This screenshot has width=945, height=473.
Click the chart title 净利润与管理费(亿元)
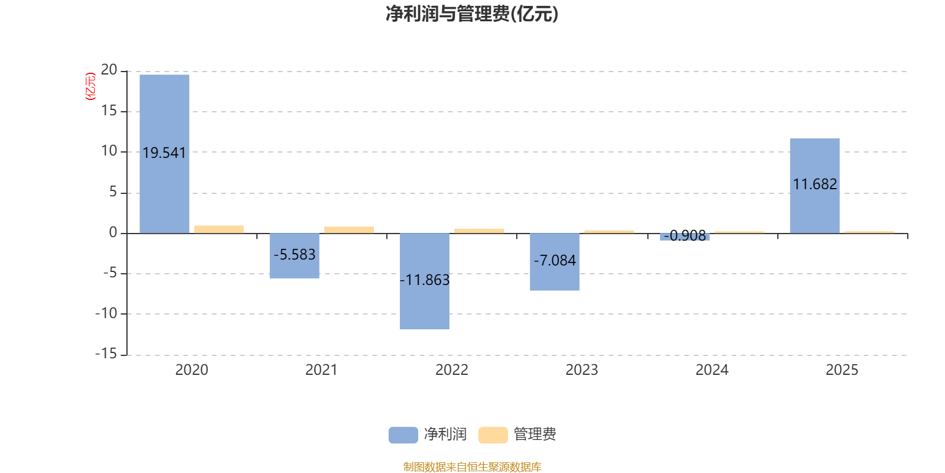(472, 14)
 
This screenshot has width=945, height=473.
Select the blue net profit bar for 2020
(165, 154)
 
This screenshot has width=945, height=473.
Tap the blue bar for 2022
(425, 281)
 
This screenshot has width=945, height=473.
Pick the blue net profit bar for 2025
(814, 186)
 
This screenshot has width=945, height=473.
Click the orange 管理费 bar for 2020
(219, 229)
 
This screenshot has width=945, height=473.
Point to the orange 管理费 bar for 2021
(349, 230)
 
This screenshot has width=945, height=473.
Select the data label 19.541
(164, 153)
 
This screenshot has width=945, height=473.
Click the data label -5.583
(295, 255)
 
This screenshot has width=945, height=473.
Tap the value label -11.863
(425, 280)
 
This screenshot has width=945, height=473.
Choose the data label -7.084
(555, 261)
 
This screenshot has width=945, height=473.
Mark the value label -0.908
(685, 236)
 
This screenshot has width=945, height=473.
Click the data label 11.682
(814, 184)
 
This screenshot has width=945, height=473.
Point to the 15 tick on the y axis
(109, 111)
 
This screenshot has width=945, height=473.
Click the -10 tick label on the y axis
(106, 314)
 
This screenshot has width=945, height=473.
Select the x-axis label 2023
(582, 370)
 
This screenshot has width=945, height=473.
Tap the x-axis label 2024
(712, 370)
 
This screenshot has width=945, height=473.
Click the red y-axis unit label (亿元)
(90, 86)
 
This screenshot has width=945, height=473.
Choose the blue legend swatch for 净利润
(403, 435)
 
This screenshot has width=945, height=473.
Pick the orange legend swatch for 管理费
(493, 435)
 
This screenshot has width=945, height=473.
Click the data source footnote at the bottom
(472, 466)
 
